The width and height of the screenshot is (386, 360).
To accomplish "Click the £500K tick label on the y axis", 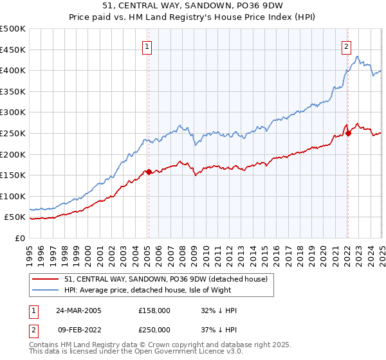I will coord(13,29).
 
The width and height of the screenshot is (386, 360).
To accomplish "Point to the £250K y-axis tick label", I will coord(13,133).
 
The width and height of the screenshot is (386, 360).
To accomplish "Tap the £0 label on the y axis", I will coord(20,238).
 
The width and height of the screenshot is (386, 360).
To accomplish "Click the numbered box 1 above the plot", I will coord(147,46).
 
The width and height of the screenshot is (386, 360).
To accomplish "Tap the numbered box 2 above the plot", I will coord(346,46).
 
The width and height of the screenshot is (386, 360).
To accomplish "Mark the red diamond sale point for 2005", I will coord(149,172).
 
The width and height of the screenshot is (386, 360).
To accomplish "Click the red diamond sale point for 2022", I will coord(348,133).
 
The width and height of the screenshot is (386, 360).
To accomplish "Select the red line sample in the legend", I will coord(46,278).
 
